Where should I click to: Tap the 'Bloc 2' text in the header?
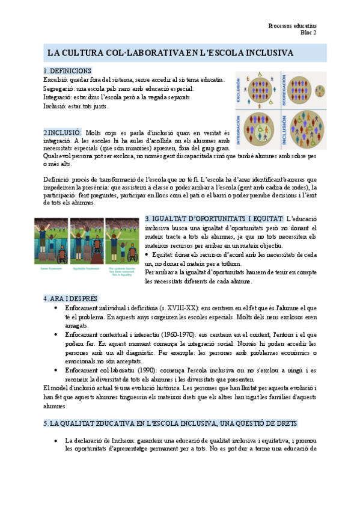click(308, 32)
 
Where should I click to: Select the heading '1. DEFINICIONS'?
click(67, 71)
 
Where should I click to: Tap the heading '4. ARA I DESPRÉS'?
click(70, 298)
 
